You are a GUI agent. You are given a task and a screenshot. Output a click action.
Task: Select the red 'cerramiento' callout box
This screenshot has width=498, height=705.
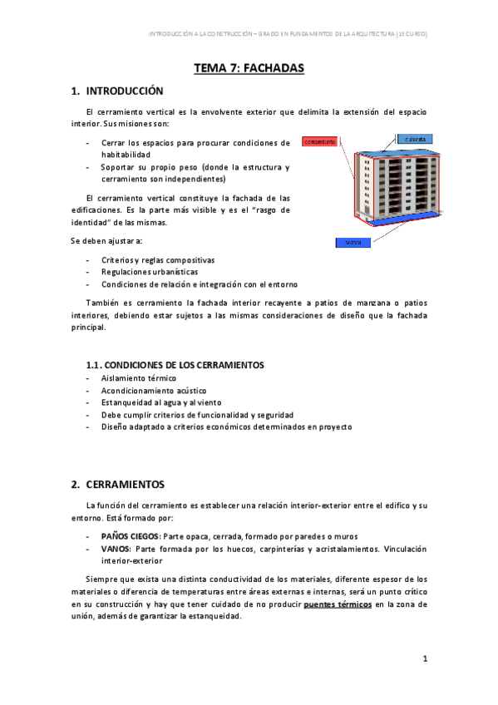(x=319, y=142)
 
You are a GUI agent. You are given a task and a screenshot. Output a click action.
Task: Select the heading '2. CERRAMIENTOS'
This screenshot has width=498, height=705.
(x=118, y=484)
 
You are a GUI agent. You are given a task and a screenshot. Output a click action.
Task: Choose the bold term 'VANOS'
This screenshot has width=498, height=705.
(x=116, y=550)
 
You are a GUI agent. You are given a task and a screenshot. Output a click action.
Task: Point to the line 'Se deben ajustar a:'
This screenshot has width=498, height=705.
(x=106, y=241)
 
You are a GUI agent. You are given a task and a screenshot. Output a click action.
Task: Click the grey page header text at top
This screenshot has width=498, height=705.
(x=287, y=34)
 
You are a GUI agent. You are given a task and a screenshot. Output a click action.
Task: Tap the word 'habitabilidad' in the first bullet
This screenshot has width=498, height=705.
(x=126, y=155)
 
